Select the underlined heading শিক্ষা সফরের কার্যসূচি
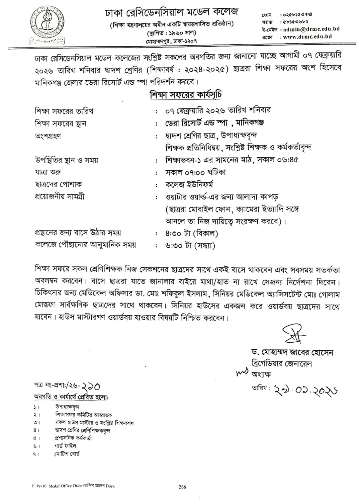[x=186, y=95]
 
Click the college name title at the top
[x=171, y=12]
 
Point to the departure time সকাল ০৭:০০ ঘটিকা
[x=196, y=172]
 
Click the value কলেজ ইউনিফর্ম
[x=189, y=184]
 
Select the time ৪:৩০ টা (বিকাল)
[x=191, y=233]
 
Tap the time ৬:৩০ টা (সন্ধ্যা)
[x=190, y=245]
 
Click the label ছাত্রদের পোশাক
[x=58, y=184]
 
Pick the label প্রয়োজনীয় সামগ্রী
[x=60, y=196]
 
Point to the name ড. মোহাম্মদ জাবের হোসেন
[x=292, y=352]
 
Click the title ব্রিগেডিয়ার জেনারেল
[x=281, y=363]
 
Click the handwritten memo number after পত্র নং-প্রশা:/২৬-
[x=88, y=387]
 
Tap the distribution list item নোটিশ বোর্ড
[x=67, y=454]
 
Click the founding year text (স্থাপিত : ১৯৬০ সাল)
[x=172, y=33]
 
